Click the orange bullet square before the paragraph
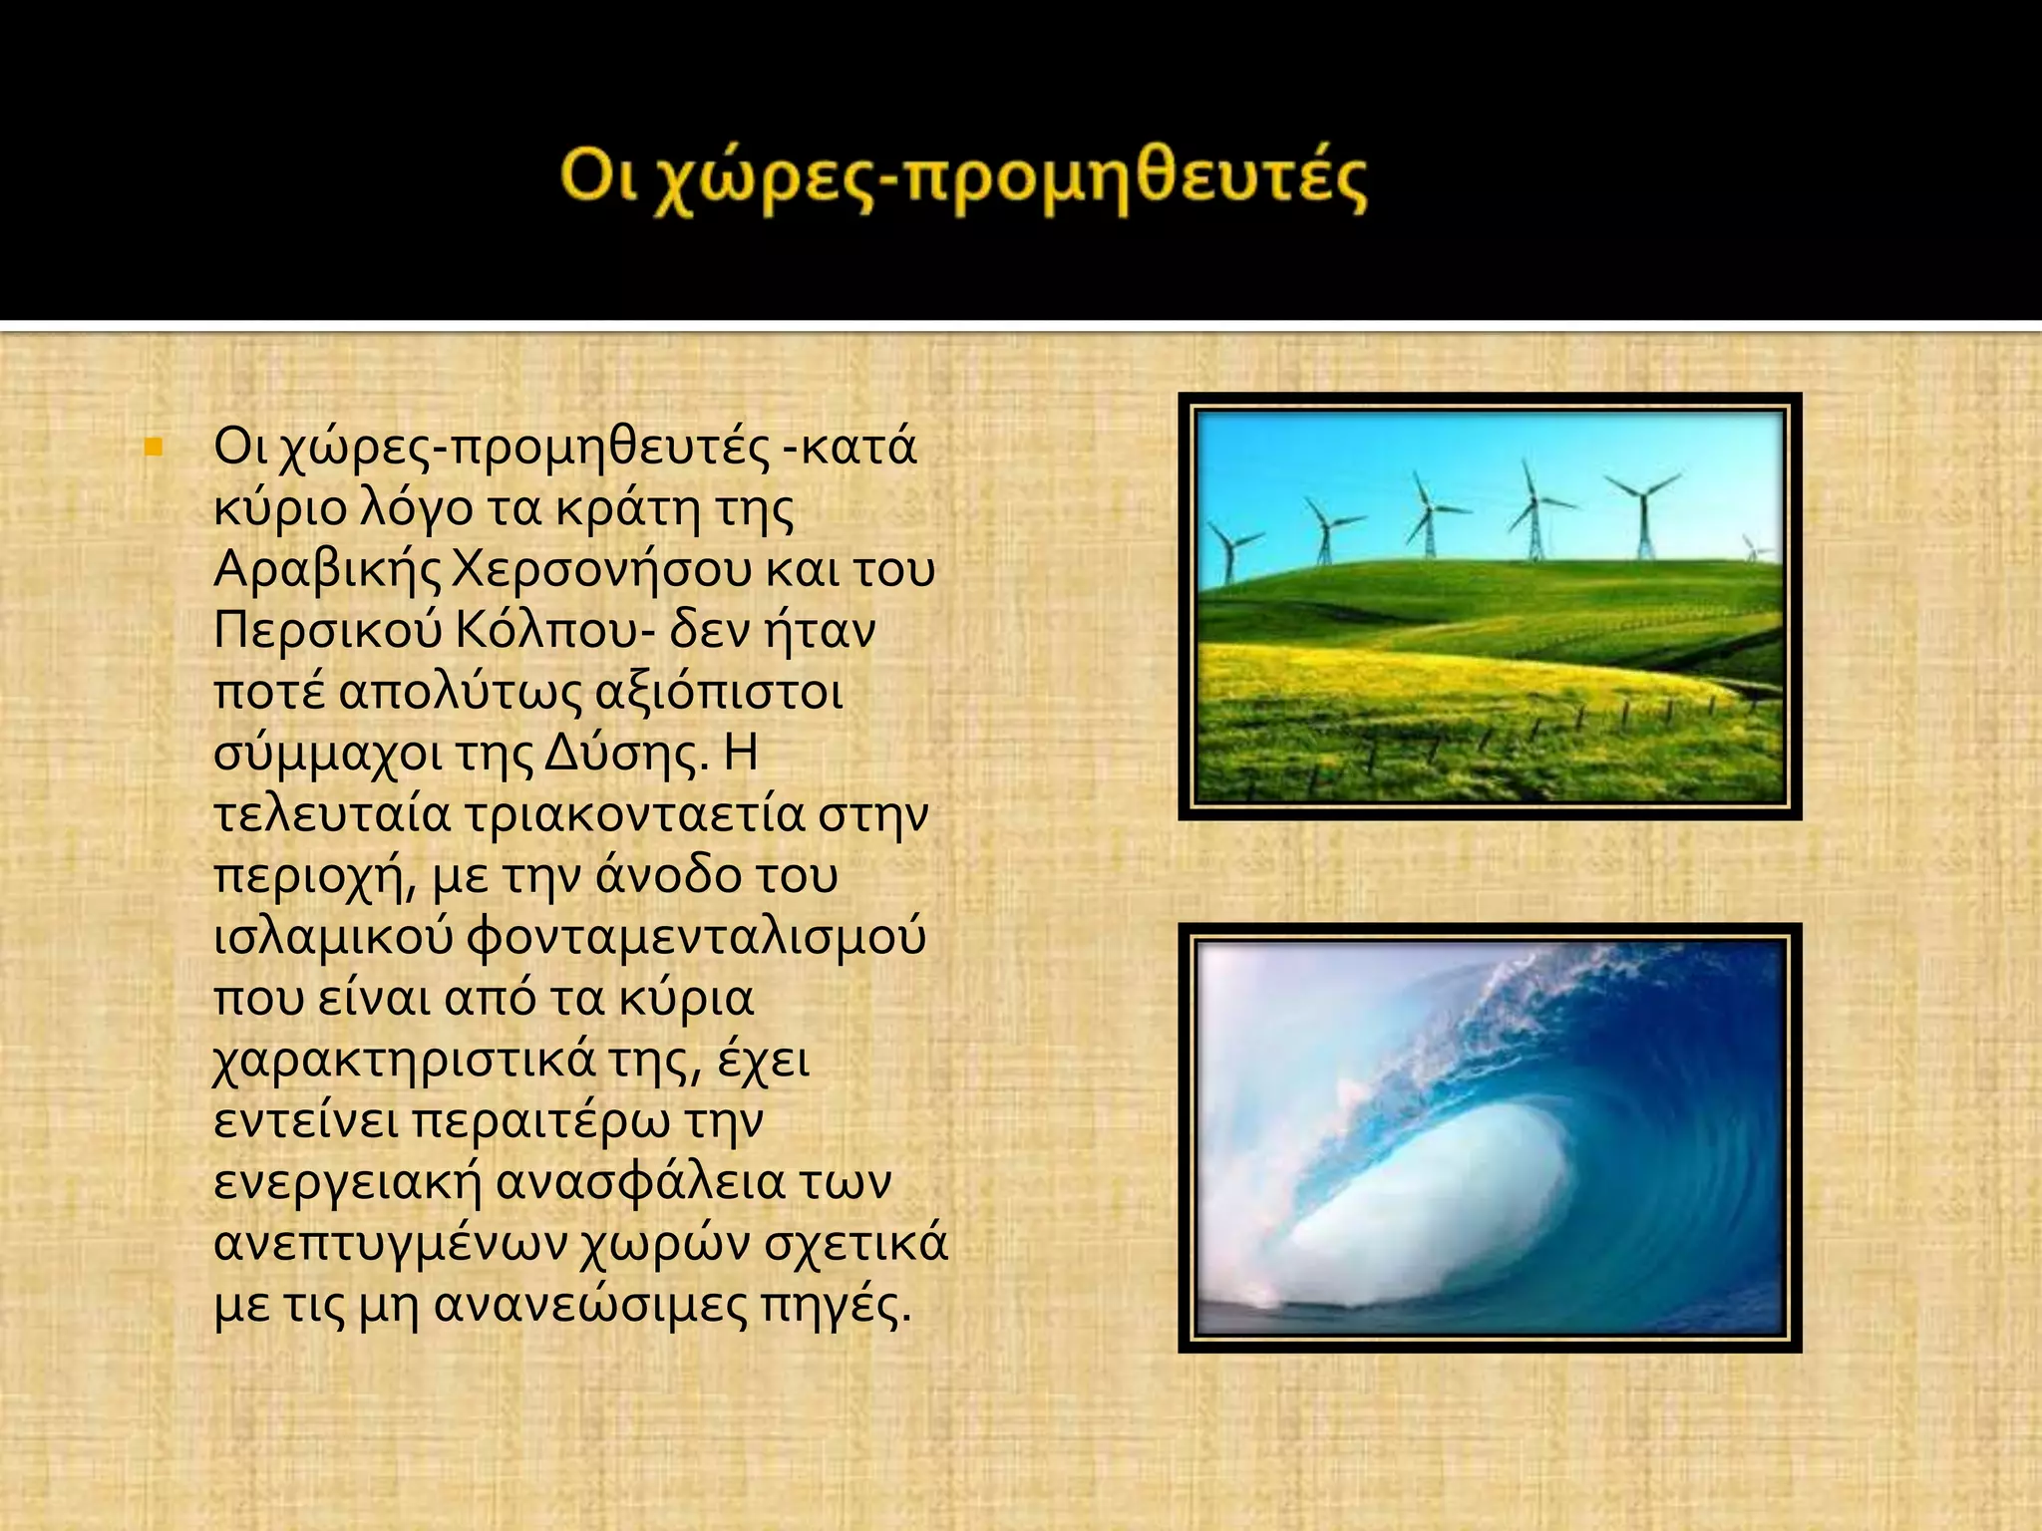click(x=153, y=448)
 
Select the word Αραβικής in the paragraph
click(x=327, y=570)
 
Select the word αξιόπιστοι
click(x=718, y=693)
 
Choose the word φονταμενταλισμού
click(x=696, y=938)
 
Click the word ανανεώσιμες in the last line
click(x=590, y=1306)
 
